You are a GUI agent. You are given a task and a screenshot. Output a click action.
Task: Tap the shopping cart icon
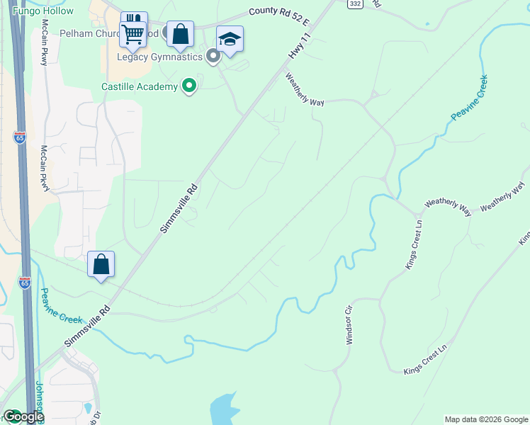[x=132, y=33]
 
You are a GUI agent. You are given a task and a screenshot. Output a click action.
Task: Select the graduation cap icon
[x=230, y=39]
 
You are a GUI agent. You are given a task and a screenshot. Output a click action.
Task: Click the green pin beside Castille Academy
[x=189, y=86]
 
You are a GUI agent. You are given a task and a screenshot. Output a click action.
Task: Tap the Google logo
[x=23, y=416]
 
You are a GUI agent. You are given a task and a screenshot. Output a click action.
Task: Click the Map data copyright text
[x=485, y=419]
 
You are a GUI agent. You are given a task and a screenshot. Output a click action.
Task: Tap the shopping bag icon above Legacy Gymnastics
[x=180, y=33]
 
